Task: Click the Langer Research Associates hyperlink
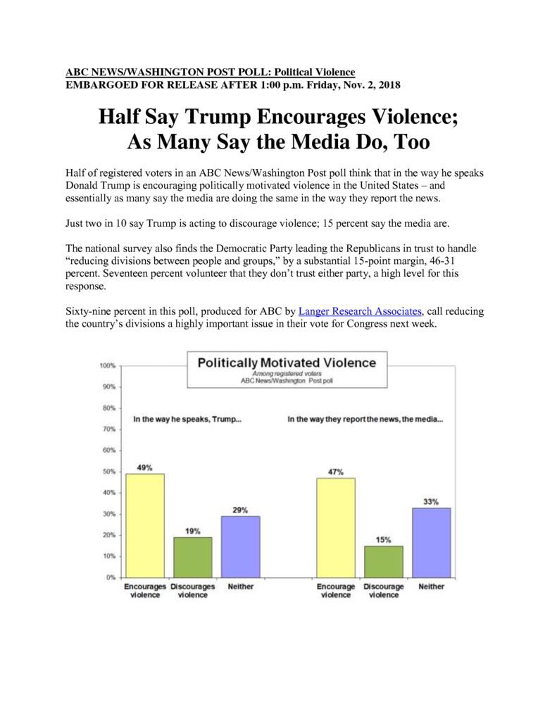coord(360,311)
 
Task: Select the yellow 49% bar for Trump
coord(145,525)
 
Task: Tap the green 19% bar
coord(193,558)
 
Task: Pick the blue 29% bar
coord(241,546)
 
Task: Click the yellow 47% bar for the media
coord(336,528)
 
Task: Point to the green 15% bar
coord(384,562)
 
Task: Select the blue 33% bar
coord(432,543)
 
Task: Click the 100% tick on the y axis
coord(108,365)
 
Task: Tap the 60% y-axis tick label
coord(109,450)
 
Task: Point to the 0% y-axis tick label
coord(111,577)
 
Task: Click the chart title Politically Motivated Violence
coord(287,363)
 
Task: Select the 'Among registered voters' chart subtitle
coord(287,374)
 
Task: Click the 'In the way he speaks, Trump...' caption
coord(187,420)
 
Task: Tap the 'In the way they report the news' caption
coord(365,420)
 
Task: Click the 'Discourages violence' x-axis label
coord(193,591)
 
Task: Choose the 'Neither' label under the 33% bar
coord(432,587)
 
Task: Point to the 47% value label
coord(336,472)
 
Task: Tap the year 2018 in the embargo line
coord(389,85)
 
